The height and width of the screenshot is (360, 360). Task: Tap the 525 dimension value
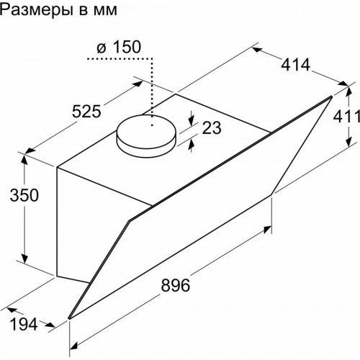pyautogui.click(x=93, y=111)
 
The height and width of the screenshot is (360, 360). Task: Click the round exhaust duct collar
pyautogui.click(x=148, y=137)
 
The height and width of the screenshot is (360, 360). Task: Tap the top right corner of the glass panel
pyautogui.click(x=332, y=97)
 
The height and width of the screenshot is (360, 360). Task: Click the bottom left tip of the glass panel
pyautogui.click(x=68, y=318)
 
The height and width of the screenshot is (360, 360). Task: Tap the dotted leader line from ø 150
pyautogui.click(x=153, y=86)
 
